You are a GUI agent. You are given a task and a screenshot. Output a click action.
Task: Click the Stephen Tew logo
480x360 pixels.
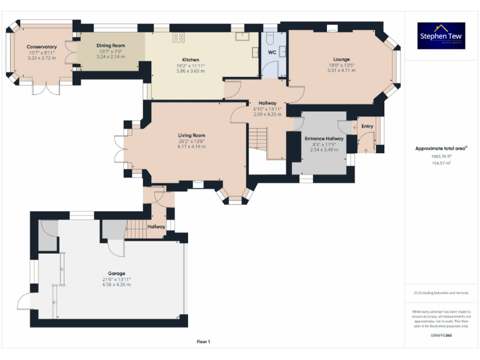[442, 36]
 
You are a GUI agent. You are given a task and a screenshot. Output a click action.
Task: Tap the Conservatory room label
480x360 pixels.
[41, 47]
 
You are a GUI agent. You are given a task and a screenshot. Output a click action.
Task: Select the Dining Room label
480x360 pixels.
[111, 46]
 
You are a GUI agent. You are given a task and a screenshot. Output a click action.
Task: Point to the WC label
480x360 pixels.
[272, 52]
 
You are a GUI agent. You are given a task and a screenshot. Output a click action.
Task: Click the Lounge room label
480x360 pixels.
[341, 59]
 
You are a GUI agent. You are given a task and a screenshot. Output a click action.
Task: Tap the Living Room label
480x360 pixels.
[191, 135]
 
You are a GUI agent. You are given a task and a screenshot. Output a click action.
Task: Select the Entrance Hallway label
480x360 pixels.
[323, 139]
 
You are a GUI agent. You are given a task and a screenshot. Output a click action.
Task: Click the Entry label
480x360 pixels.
[367, 127]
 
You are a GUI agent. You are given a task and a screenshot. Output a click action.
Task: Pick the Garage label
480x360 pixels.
[116, 273]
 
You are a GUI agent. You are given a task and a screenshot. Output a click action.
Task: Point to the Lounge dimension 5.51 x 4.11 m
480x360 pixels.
[341, 71]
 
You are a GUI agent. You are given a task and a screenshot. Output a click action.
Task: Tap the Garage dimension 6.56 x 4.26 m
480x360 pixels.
[116, 284]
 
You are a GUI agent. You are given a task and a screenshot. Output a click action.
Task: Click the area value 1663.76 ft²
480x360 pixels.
[441, 156]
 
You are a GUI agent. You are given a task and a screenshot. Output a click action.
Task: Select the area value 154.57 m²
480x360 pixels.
[441, 162]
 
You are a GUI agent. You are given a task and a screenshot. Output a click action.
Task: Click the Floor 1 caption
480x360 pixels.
[203, 341]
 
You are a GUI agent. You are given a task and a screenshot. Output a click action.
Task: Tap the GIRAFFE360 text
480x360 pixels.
[441, 336]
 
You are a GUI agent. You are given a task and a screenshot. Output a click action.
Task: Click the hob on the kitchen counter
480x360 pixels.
[179, 36]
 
